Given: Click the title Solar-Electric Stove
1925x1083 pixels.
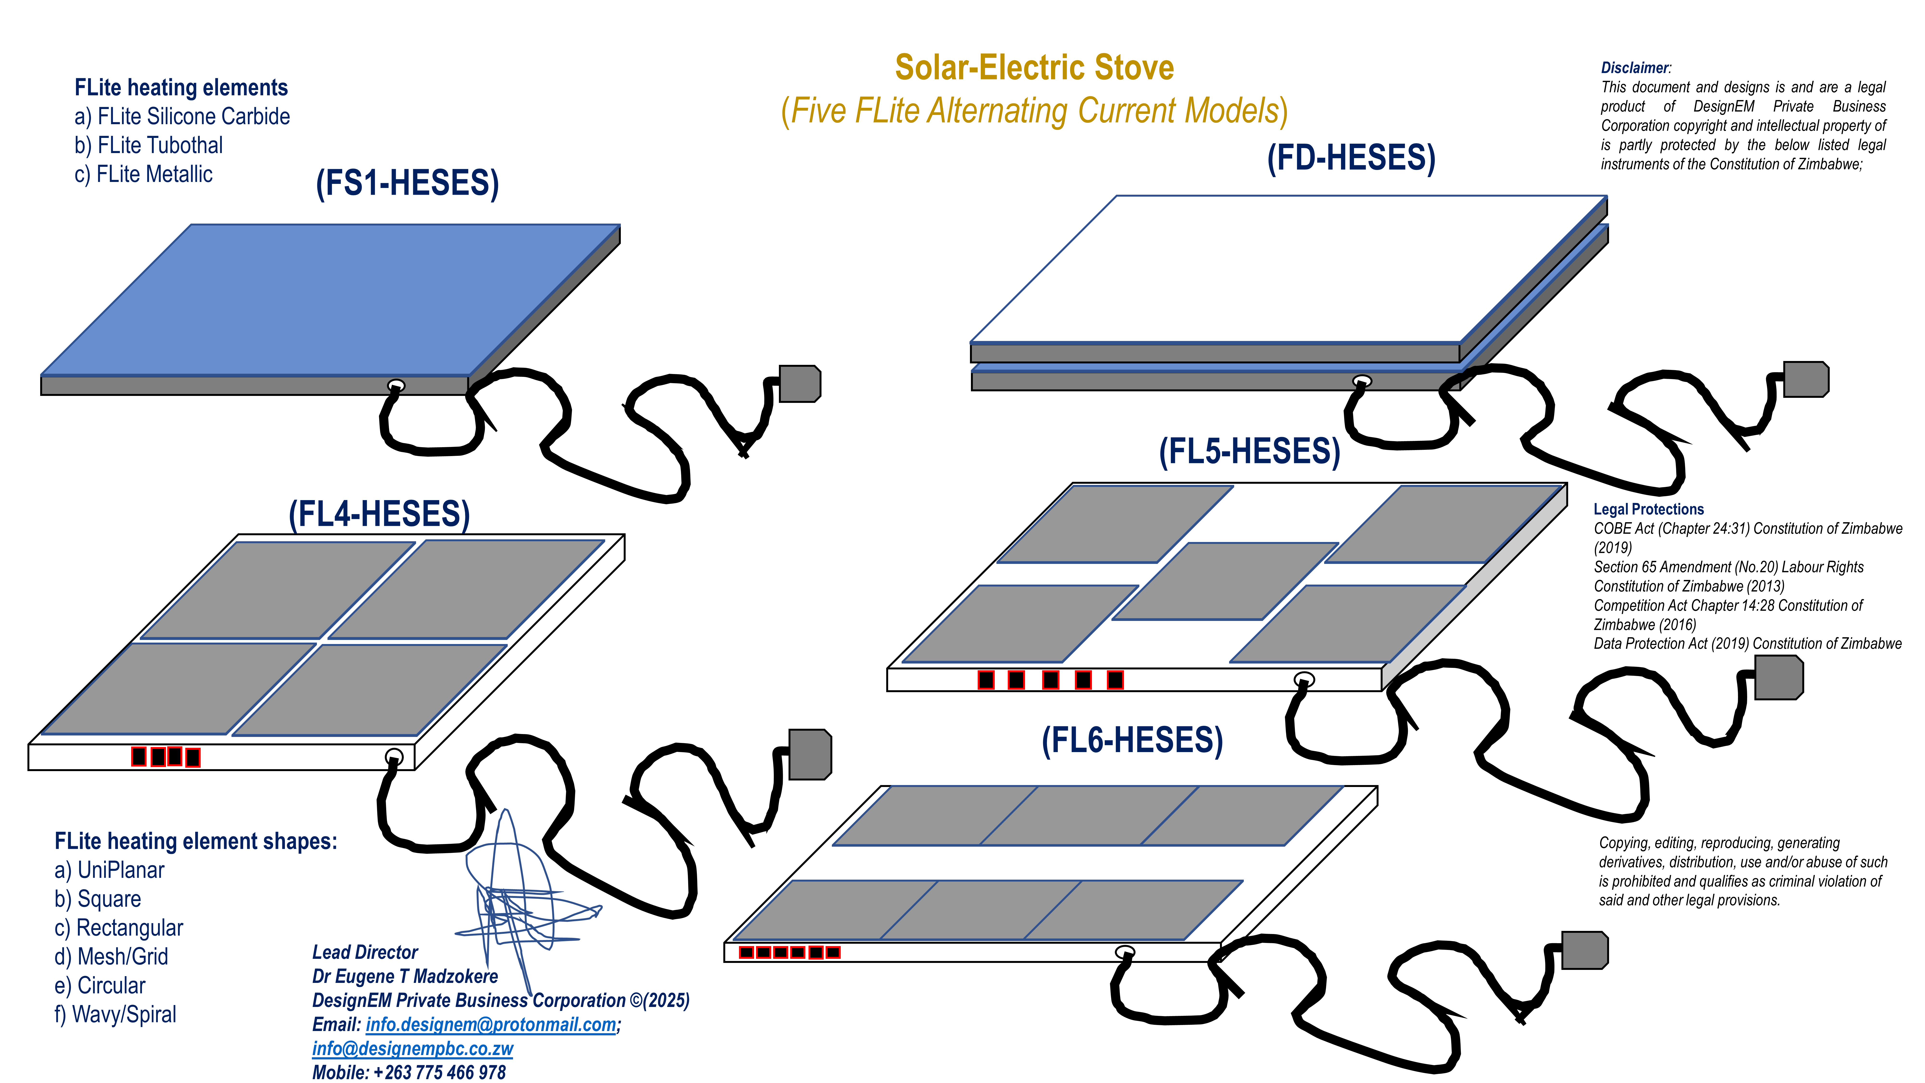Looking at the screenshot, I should (x=1034, y=67).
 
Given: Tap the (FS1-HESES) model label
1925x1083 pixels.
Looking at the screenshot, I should (x=407, y=183).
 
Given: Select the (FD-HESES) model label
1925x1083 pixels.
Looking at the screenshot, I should (x=1351, y=158).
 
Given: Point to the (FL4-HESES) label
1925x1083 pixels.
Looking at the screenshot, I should (x=379, y=514).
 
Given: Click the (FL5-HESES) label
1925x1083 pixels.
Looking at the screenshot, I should (x=1250, y=451).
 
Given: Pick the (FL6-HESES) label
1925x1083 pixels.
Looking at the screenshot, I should (x=1132, y=740).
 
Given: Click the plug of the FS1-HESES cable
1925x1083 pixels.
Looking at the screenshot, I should (x=799, y=383).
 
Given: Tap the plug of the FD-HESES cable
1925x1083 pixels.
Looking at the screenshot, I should (x=1805, y=379).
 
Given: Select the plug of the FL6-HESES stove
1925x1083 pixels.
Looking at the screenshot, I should (x=1584, y=950).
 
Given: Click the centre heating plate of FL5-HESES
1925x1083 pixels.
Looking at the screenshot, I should (x=1226, y=581).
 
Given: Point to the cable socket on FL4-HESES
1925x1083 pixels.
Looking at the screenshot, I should (x=394, y=756).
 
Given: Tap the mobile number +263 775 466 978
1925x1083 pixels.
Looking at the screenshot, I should (x=439, y=1073).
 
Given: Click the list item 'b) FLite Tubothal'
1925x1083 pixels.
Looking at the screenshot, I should (x=149, y=145).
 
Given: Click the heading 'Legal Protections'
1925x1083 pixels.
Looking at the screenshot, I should (x=1649, y=509).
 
